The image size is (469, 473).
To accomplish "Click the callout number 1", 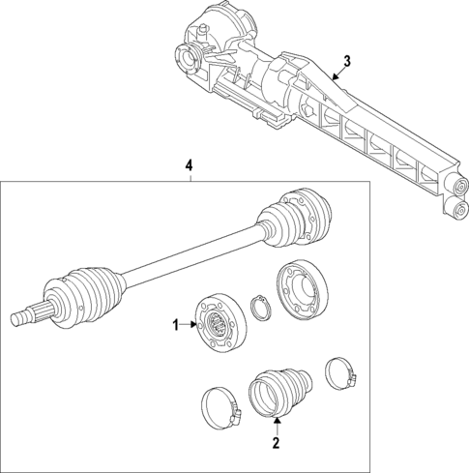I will click(176, 326).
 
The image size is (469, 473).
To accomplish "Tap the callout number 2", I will click(277, 443).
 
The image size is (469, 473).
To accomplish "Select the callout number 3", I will click(348, 60).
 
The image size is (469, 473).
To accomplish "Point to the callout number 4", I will click(191, 165).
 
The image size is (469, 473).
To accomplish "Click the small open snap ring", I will click(259, 308).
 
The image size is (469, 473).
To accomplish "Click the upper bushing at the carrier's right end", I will click(454, 184).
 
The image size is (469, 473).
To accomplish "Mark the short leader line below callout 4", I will click(191, 177).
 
